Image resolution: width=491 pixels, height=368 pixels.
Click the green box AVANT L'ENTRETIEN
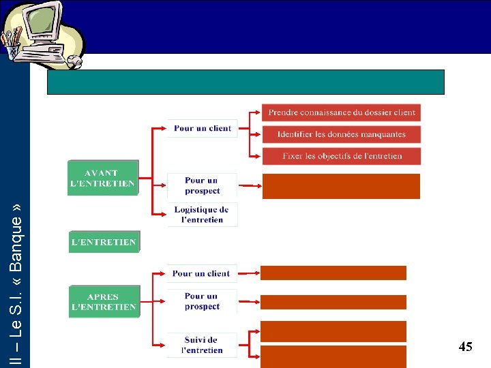[103, 178]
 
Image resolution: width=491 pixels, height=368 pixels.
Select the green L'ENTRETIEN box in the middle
[104, 242]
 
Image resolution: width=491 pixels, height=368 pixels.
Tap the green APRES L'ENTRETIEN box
[104, 302]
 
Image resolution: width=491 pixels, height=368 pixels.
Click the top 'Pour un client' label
[203, 128]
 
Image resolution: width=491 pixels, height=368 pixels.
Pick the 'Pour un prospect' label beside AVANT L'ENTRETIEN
[203, 185]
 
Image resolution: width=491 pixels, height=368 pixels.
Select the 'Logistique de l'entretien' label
[203, 214]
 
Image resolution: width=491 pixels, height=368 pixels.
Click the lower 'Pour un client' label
[201, 273]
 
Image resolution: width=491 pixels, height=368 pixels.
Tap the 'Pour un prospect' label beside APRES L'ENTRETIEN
[202, 301]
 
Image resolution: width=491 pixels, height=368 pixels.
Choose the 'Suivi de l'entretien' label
[202, 345]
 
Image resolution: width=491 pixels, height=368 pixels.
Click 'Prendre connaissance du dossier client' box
[341, 112]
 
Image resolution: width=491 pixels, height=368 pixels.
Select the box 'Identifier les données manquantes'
[341, 134]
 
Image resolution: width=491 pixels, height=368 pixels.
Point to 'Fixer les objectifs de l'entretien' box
[341, 156]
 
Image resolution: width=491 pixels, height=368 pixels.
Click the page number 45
[465, 347]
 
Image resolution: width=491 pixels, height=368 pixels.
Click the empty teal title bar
[245, 82]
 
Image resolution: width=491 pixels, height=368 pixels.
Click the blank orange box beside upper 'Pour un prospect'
[341, 186]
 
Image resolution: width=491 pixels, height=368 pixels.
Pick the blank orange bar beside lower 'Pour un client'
[333, 273]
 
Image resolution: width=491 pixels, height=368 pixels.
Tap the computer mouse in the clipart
[74, 62]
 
